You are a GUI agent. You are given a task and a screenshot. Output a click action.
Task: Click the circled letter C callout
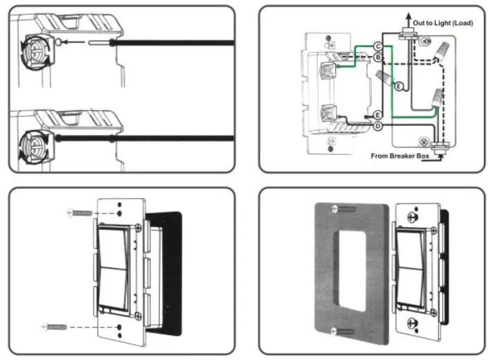(x=379, y=46)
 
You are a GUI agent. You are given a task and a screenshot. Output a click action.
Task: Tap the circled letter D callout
(x=378, y=126)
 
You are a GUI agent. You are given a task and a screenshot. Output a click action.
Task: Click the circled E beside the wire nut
(x=398, y=86)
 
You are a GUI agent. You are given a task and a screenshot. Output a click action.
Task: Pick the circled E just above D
(x=378, y=114)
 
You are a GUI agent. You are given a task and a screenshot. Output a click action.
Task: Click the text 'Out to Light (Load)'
(x=442, y=23)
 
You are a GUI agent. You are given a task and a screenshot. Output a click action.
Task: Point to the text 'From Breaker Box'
(x=400, y=156)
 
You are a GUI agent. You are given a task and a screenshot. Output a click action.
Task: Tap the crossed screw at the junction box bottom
(x=423, y=141)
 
